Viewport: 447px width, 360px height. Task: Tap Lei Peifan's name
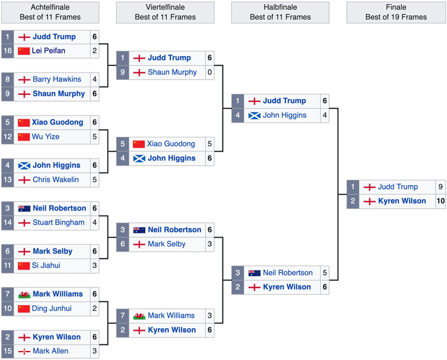click(49, 51)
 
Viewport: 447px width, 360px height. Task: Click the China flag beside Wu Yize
click(23, 137)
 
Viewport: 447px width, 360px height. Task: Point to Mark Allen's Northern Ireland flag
click(24, 352)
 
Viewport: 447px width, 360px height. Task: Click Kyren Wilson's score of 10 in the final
click(440, 201)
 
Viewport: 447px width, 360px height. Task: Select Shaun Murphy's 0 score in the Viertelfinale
click(210, 73)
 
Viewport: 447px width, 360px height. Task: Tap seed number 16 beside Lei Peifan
click(7, 51)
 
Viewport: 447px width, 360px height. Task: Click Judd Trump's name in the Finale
click(398, 187)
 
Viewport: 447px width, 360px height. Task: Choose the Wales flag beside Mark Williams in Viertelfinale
click(139, 316)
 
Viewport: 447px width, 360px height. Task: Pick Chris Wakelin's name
click(55, 180)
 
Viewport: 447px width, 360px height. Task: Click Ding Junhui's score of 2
click(94, 309)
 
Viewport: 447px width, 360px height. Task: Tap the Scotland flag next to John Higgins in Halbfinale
click(254, 116)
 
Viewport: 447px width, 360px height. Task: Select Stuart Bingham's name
click(59, 223)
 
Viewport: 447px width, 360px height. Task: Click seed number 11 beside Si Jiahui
click(7, 266)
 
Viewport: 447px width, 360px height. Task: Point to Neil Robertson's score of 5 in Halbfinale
click(325, 273)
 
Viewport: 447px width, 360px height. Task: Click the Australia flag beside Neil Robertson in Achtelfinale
click(24, 209)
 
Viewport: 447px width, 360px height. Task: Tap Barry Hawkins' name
click(57, 79)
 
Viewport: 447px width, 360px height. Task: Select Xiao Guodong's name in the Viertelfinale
click(171, 144)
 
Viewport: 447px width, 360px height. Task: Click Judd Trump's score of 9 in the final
click(440, 187)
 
